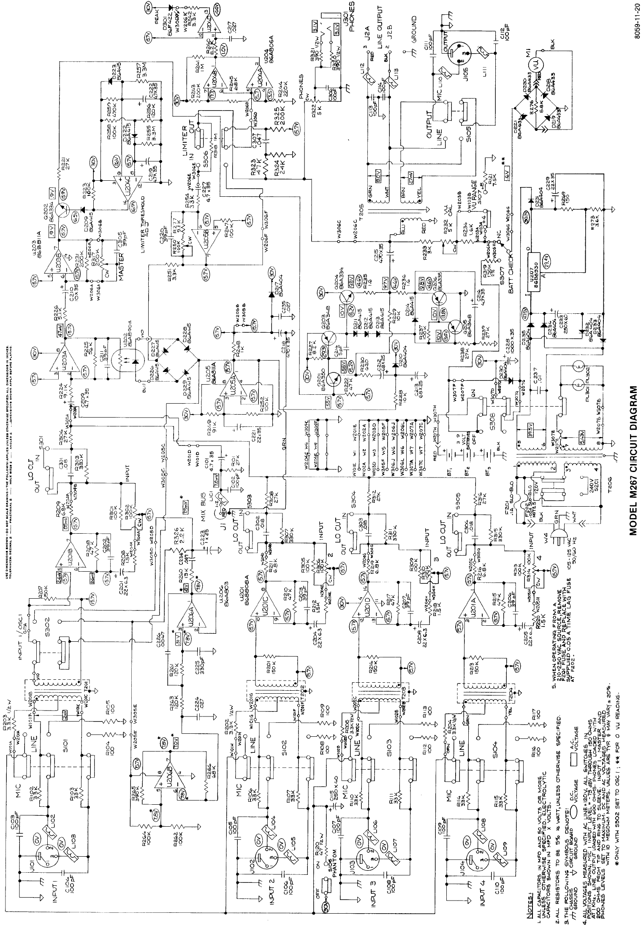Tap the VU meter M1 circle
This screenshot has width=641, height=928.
[x=535, y=65]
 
